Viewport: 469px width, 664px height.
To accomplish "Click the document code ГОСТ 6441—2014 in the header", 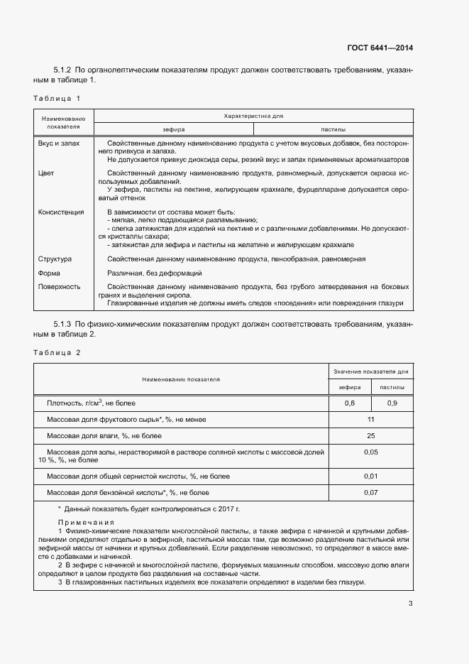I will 380,48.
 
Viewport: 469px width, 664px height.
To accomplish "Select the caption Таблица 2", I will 57,352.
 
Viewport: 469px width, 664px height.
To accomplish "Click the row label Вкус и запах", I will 59,143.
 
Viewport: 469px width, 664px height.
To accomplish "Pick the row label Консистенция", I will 61,212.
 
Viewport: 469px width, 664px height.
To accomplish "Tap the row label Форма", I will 49,273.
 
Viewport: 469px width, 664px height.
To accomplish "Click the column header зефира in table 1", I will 173,130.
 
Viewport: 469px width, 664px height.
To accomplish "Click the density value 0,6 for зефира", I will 349,403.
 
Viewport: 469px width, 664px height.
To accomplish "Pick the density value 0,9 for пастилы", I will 392,403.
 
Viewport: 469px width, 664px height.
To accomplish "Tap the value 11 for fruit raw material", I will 370,420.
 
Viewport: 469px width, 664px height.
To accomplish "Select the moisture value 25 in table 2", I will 370,435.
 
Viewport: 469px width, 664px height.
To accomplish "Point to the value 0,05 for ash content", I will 370,452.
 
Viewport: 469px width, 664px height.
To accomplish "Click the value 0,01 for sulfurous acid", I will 370,476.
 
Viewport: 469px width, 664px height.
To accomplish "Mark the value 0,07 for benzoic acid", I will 370,492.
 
